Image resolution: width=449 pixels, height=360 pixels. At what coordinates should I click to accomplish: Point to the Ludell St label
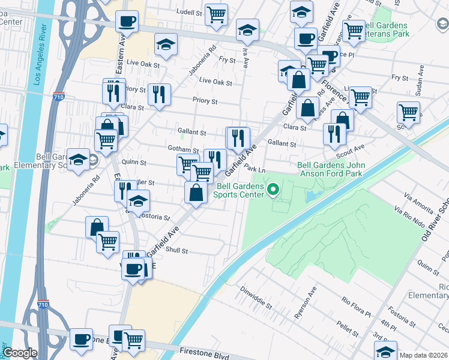click(190, 11)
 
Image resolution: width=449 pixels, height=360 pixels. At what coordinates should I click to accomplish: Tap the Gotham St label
click(183, 149)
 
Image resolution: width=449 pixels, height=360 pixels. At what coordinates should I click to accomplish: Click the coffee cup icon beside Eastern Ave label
click(127, 22)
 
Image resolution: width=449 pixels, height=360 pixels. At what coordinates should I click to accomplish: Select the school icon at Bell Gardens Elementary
click(78, 159)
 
